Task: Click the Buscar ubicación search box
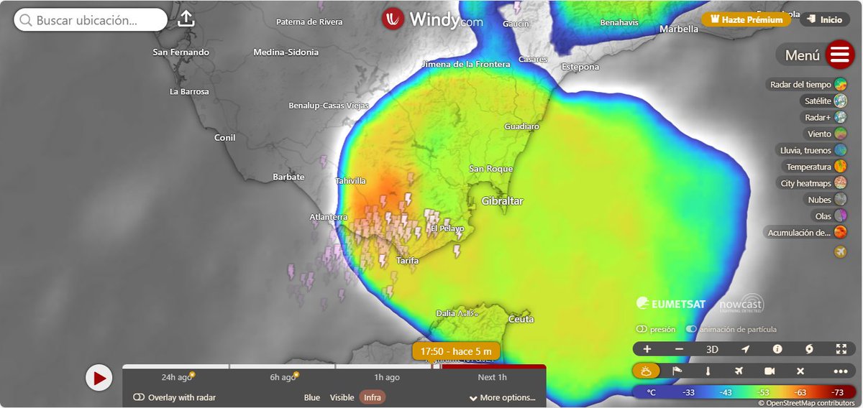(x=90, y=20)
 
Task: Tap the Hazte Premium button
(x=746, y=19)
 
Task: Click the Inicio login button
(x=823, y=19)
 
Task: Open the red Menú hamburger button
(x=839, y=55)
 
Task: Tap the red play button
(x=99, y=377)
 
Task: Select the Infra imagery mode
(x=373, y=397)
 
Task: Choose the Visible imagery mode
(x=342, y=397)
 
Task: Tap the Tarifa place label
(x=407, y=261)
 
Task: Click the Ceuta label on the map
(x=521, y=318)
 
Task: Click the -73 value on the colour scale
(x=837, y=392)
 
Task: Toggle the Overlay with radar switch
(x=140, y=397)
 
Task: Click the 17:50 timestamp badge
(x=456, y=351)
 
